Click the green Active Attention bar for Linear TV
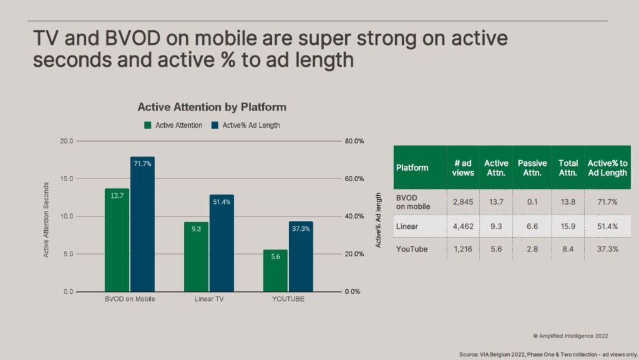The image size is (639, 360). [196, 257]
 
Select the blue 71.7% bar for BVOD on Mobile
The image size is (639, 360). [142, 225]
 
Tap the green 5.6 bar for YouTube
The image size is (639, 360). [275, 271]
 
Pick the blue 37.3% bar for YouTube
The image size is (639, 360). [301, 256]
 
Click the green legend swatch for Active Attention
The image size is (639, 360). [147, 125]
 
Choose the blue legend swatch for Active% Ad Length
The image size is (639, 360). [215, 125]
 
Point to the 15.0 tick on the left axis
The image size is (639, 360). [67, 179]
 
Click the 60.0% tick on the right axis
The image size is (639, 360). [354, 179]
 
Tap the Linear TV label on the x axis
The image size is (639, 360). [209, 299]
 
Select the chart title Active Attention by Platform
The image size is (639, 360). [212, 107]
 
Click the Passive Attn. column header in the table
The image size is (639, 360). [532, 168]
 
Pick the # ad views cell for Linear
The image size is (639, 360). [463, 226]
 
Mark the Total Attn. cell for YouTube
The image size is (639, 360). [568, 249]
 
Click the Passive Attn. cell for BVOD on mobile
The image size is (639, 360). [532, 202]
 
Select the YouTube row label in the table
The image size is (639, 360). [412, 249]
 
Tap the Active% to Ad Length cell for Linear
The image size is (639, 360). [607, 226]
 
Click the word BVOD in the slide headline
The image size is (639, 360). [132, 38]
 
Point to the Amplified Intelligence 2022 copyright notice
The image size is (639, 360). [570, 336]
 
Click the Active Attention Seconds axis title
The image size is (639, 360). [46, 220]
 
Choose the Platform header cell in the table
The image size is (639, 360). [412, 168]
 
